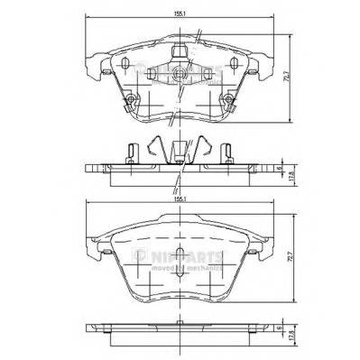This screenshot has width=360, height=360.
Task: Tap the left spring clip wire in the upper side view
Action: click(x=157, y=145)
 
